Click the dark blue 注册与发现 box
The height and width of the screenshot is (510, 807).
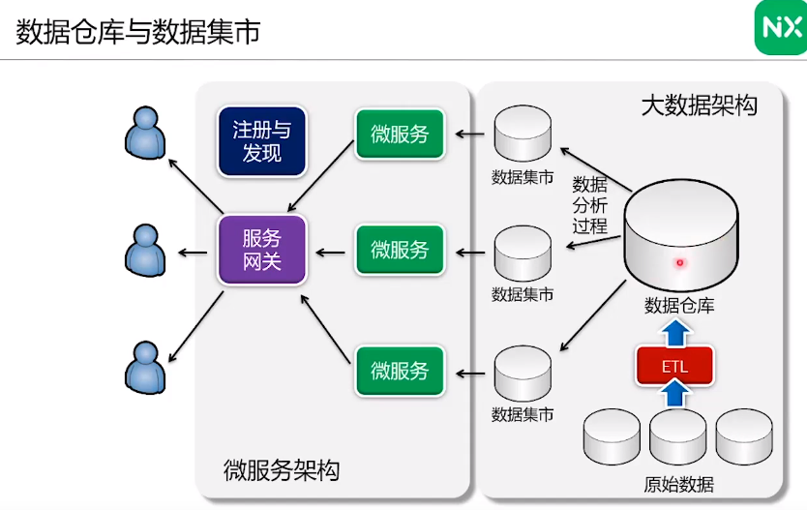click(262, 141)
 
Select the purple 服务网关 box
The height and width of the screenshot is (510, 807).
click(262, 250)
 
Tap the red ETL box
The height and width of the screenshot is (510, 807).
click(674, 366)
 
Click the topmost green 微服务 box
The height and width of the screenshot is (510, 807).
click(400, 134)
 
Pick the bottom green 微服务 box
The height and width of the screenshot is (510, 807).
click(400, 371)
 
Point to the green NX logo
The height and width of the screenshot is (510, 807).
click(781, 28)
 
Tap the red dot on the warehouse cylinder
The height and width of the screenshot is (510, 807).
click(680, 263)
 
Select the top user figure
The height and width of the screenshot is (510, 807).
click(146, 133)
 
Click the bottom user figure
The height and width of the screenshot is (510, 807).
click(146, 368)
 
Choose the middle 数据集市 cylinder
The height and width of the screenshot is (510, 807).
click(523, 254)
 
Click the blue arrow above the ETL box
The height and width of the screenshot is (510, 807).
click(675, 333)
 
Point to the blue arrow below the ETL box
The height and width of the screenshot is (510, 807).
click(675, 392)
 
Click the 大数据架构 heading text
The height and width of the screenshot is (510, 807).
click(699, 105)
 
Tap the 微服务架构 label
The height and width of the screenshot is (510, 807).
click(281, 470)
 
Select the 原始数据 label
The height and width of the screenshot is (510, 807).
click(678, 484)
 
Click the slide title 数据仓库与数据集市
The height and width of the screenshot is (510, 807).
click(138, 31)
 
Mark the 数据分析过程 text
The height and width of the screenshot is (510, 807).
click(590, 205)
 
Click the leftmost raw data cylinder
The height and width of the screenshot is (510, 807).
click(612, 436)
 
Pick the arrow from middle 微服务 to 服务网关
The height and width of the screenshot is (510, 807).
click(330, 253)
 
